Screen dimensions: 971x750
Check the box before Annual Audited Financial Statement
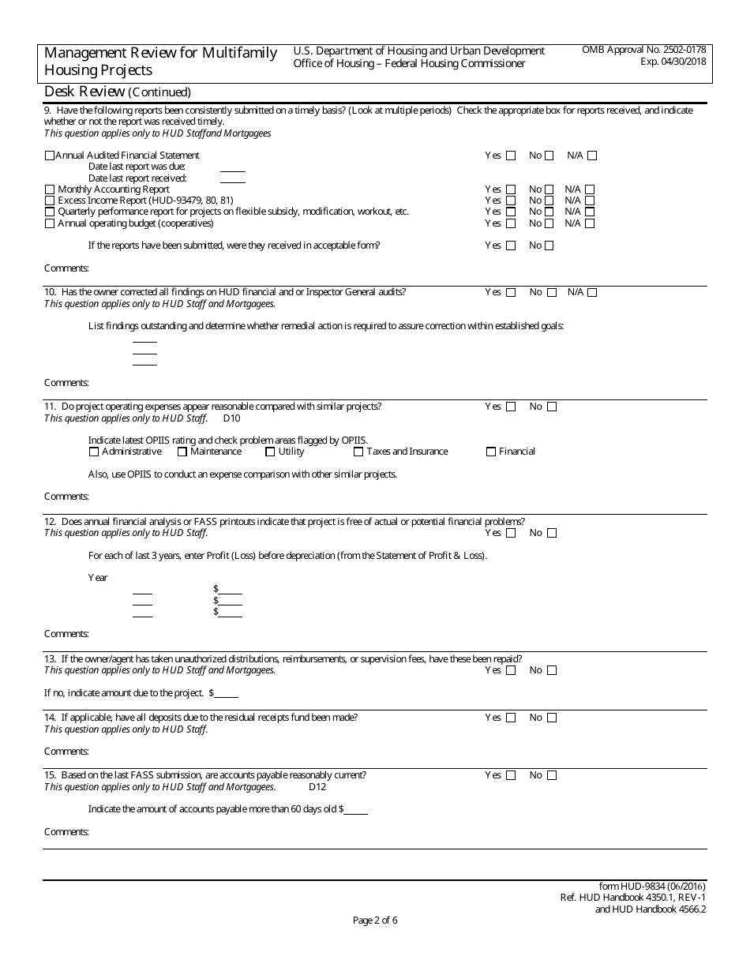50,156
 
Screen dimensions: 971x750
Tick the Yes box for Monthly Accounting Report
511,189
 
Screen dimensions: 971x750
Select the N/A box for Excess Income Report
589,201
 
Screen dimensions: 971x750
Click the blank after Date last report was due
232,167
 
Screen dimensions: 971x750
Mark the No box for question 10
552,293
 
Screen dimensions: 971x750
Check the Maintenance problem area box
182,452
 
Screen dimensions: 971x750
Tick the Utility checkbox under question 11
270,452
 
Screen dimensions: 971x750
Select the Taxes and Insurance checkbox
358,452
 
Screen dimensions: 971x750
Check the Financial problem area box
491,452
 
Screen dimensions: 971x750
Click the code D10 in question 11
231,418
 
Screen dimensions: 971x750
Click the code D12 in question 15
317,787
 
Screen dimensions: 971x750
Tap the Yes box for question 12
511,534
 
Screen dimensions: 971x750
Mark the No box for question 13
552,671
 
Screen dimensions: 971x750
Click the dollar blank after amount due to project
227,693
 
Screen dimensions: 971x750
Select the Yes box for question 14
511,718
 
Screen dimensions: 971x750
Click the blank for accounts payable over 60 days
356,809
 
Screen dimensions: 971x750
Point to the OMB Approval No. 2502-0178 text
644,50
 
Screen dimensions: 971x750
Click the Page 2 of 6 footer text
375,920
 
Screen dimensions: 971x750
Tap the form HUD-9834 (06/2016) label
653,887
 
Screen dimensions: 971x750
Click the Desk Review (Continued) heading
118,92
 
